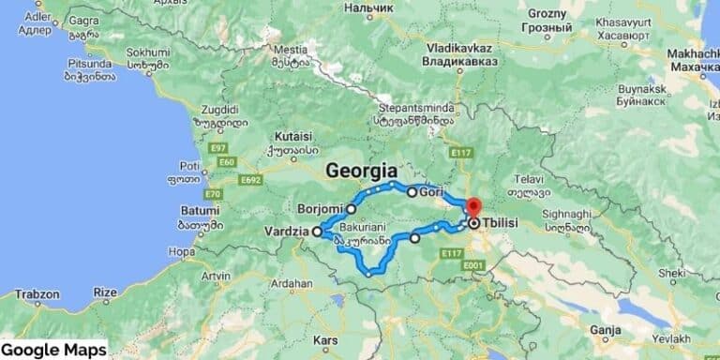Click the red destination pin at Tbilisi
tap(473, 206)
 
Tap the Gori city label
tap(430, 191)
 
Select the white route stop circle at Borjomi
tap(352, 209)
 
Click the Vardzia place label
tap(289, 231)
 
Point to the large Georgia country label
tap(361, 172)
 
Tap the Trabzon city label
tap(37, 293)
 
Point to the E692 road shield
tap(249, 179)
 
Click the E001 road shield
tap(472, 265)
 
